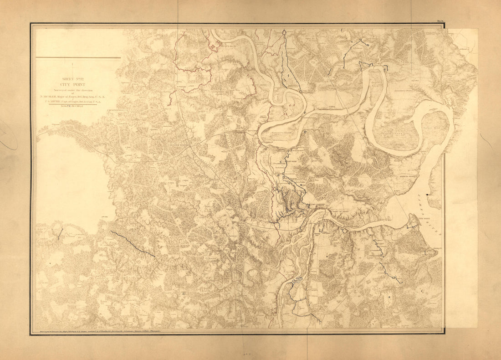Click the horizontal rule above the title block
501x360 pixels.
(78, 58)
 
